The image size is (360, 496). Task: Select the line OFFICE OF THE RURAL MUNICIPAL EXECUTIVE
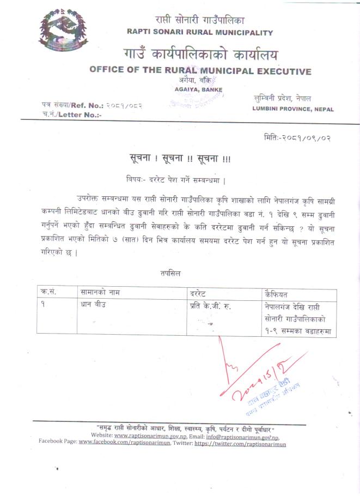pos(200,71)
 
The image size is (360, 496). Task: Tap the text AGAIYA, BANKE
pos(198,89)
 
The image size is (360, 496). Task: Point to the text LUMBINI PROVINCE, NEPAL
pos(293,109)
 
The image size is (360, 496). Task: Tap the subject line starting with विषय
pos(175,179)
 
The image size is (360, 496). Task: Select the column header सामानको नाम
pos(100,293)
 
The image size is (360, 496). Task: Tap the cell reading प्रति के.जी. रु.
pos(211,306)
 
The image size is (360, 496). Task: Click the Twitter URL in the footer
pos(240,444)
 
